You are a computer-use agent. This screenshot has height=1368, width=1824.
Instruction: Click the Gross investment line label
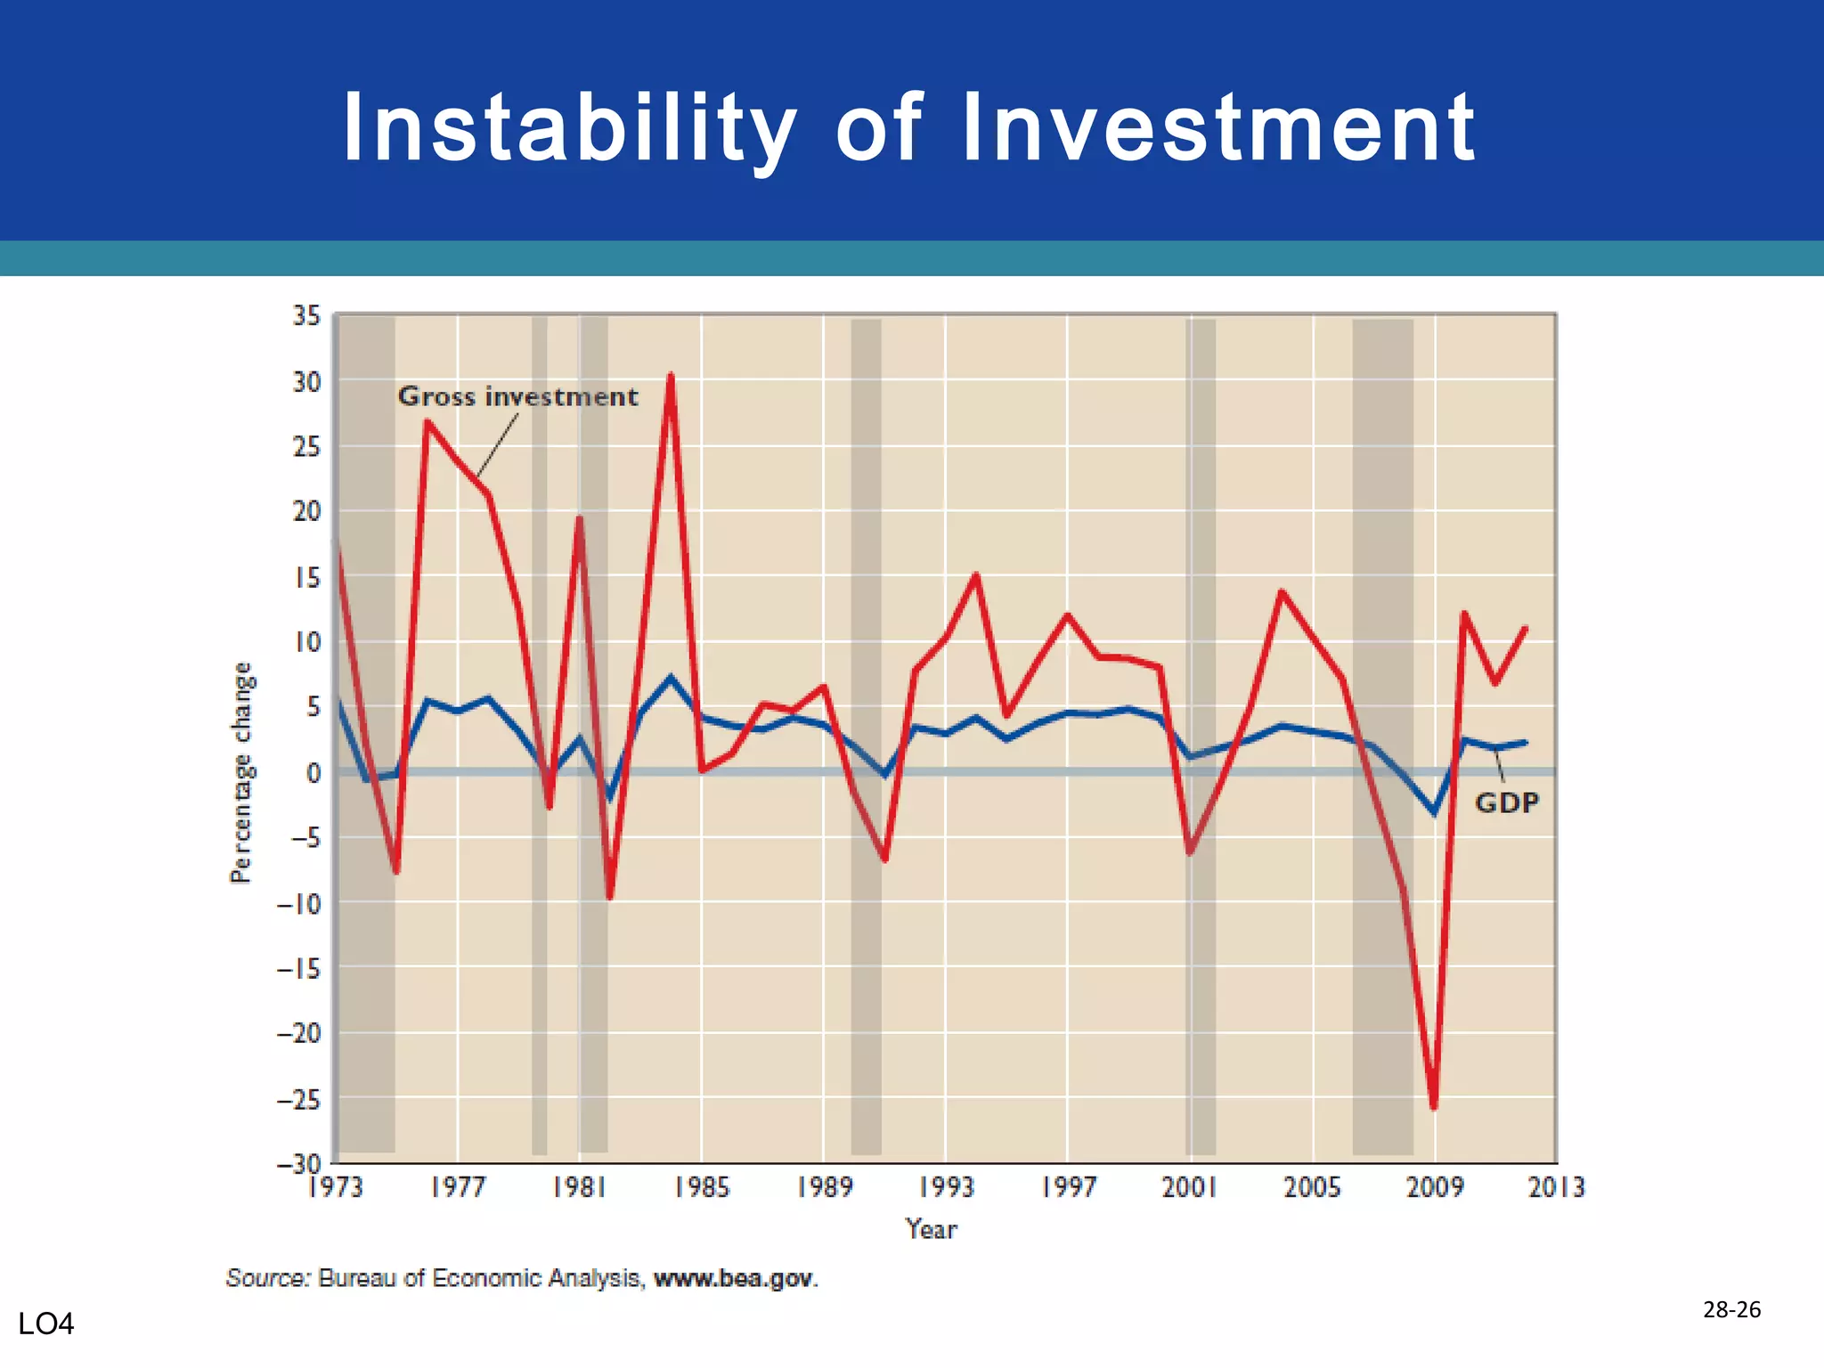coord(517,396)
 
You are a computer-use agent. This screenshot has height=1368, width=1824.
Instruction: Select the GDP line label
coord(1507,802)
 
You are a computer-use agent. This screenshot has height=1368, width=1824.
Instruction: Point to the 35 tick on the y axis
coord(306,315)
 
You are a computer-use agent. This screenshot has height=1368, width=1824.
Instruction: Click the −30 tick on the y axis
coord(298,1163)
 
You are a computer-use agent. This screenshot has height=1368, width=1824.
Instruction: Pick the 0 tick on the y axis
coord(313,772)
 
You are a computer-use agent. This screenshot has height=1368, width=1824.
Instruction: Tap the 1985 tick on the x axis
coord(702,1187)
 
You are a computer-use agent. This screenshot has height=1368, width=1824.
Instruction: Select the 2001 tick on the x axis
coord(1189,1187)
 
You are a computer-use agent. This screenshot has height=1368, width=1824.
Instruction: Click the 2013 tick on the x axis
coord(1556,1187)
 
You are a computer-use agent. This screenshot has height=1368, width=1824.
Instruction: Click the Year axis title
coord(931,1229)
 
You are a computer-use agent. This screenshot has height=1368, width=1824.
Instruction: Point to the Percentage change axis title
coord(241,772)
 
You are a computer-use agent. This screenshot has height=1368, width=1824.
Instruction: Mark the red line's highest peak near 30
coord(671,376)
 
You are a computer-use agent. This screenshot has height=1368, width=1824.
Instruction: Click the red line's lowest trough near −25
coord(1434,1107)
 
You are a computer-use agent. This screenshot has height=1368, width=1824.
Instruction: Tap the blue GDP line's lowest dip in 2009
coord(1434,812)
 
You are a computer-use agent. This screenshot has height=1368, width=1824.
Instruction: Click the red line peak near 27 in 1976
coord(427,422)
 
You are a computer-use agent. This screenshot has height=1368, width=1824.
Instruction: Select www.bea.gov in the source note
coord(734,1278)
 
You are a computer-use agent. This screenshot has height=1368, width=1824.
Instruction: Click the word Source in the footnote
coord(267,1278)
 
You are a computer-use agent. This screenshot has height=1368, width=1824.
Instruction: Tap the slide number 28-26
coord(1731,1309)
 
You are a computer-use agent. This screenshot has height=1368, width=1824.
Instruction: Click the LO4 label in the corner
coord(46,1324)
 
